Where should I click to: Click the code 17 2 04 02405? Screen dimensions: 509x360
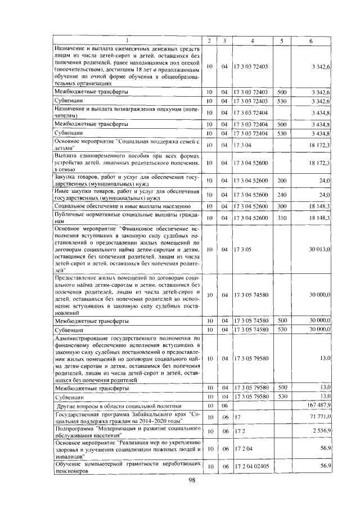[251, 467]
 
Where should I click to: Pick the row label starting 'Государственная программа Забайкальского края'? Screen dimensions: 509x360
[125, 417]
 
